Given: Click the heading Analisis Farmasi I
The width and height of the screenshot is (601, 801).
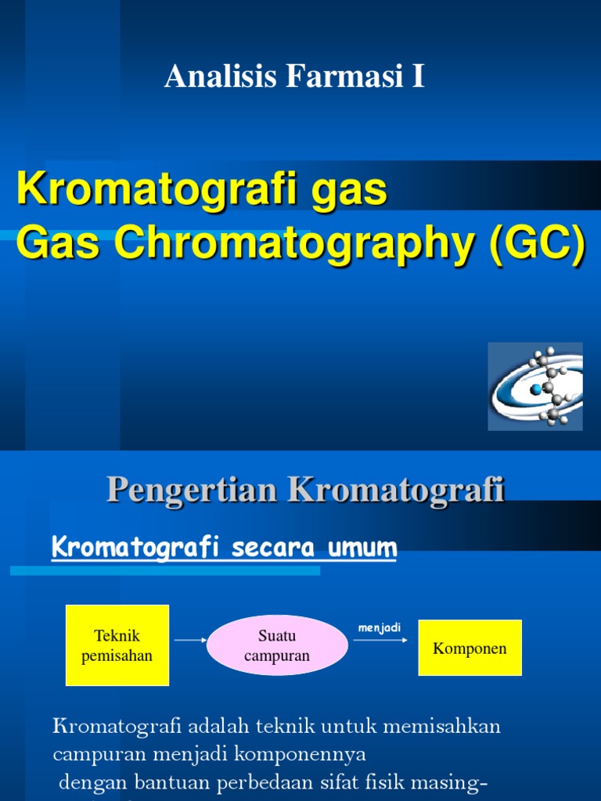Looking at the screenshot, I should click(x=294, y=77).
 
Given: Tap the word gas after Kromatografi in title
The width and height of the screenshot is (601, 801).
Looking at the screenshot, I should click(x=353, y=190).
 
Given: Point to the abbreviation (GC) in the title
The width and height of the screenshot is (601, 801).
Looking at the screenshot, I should click(x=537, y=245).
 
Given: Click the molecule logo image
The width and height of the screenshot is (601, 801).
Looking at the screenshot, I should click(x=535, y=386).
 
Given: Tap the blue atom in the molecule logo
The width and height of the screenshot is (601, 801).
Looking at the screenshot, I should click(x=536, y=389).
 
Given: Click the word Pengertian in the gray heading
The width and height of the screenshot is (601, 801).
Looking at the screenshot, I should click(x=191, y=490).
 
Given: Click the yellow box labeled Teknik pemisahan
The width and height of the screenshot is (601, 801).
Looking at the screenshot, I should click(x=117, y=645).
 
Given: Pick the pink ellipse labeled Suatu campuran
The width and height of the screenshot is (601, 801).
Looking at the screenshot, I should click(x=277, y=645).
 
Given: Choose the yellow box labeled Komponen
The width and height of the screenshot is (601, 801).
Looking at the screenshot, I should click(x=470, y=648).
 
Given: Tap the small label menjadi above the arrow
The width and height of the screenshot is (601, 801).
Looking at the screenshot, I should click(x=380, y=627).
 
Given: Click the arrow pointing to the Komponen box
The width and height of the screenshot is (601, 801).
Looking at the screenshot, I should click(x=380, y=640).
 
